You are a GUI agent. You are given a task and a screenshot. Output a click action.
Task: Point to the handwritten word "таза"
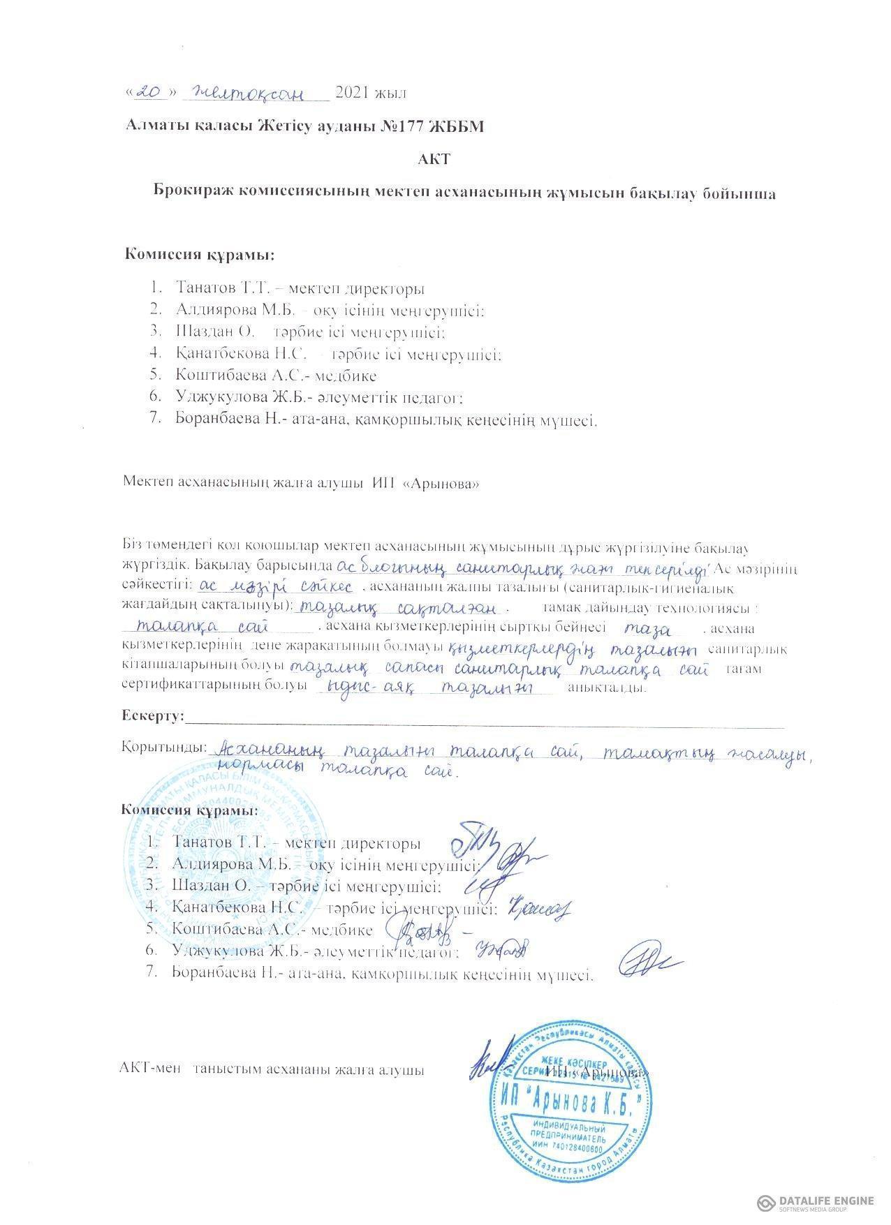[x=651, y=628]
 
